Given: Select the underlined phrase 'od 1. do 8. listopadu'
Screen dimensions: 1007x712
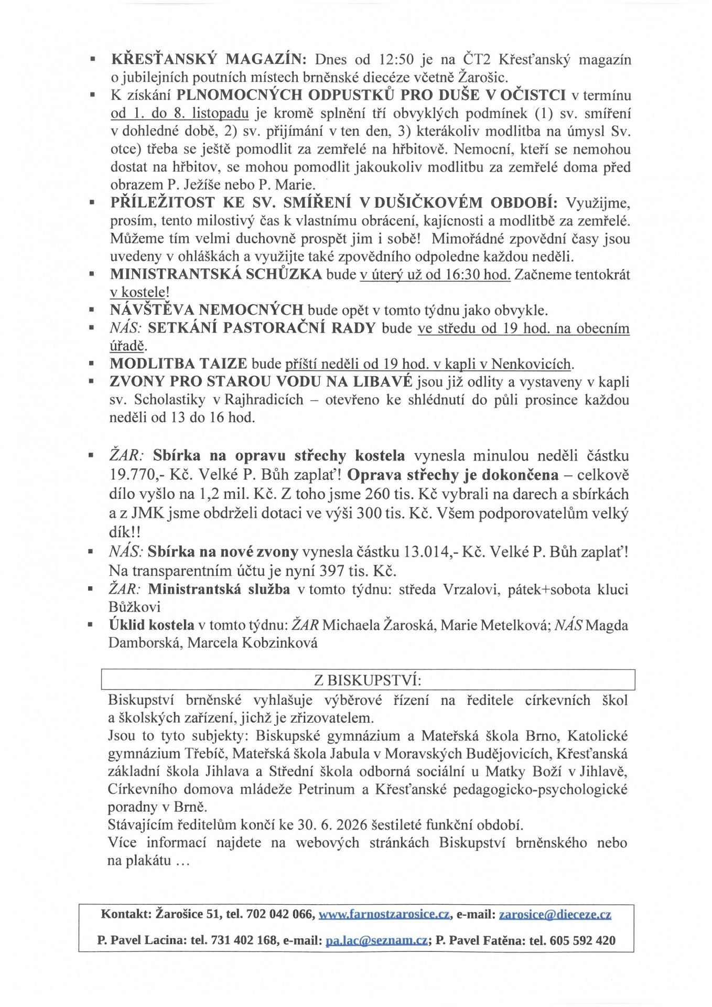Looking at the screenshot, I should (x=182, y=113).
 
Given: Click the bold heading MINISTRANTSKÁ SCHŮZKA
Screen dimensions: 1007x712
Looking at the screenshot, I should (x=216, y=275).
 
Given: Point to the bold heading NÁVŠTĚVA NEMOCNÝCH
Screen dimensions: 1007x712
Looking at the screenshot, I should (x=207, y=310).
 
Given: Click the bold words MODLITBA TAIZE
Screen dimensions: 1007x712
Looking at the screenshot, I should (x=179, y=363).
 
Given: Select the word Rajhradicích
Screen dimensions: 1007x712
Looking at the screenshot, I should (x=264, y=400).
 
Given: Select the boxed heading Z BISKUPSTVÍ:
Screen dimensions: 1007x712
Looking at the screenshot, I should (x=368, y=680).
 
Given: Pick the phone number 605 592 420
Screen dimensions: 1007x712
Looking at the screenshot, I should (x=582, y=940).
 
